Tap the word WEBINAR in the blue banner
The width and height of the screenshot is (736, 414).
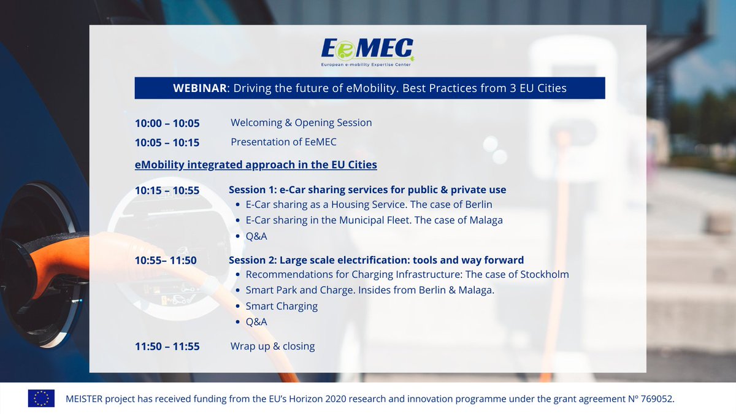click(x=200, y=88)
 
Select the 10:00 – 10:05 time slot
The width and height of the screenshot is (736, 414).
click(x=167, y=123)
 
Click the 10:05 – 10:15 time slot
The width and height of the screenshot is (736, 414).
click(x=167, y=142)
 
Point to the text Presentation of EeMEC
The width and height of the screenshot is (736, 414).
click(x=283, y=142)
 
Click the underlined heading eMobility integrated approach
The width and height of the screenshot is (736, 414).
click(x=256, y=165)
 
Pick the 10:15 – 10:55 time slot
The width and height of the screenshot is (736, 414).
click(x=167, y=191)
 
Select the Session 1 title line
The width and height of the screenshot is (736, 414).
click(x=367, y=190)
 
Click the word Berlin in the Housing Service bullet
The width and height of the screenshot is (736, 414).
click(x=477, y=204)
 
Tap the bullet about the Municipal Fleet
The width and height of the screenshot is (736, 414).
click(x=374, y=220)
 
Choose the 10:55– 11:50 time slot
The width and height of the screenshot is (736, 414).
click(x=166, y=261)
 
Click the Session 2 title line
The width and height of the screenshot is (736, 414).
click(x=376, y=260)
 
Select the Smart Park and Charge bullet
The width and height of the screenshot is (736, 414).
click(x=370, y=290)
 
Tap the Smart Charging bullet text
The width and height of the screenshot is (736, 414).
click(x=282, y=306)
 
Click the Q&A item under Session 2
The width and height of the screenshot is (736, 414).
click(x=256, y=322)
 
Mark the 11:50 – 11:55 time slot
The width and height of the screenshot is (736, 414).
click(x=167, y=347)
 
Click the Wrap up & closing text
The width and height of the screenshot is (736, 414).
click(x=272, y=347)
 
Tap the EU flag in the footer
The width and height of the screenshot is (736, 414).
click(x=41, y=399)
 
